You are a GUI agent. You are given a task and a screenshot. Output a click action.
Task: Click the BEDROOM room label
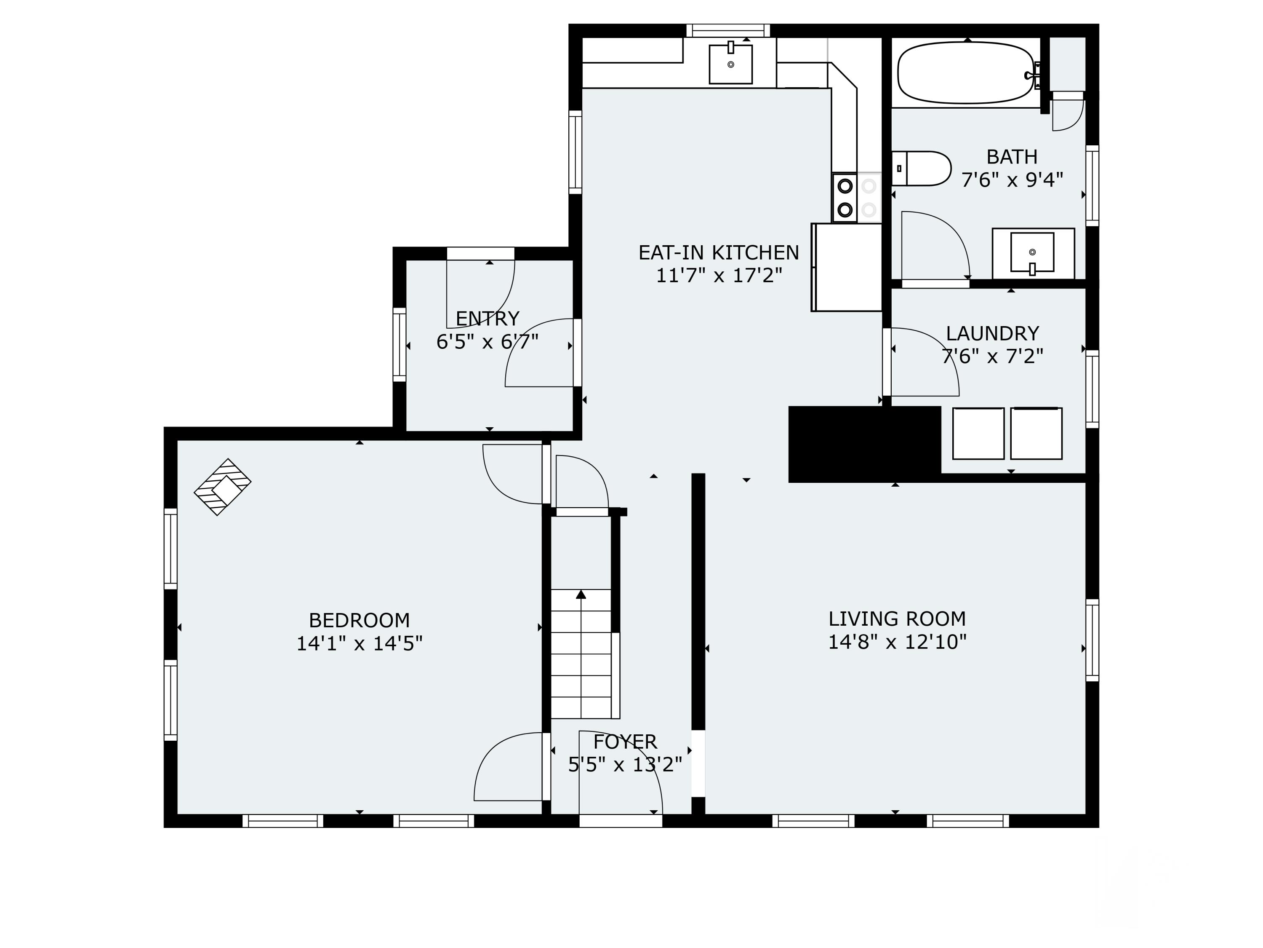tap(359, 620)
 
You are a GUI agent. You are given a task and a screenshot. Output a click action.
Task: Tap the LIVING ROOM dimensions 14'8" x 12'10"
tap(897, 642)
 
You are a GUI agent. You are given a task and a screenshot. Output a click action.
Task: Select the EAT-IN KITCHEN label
tap(718, 252)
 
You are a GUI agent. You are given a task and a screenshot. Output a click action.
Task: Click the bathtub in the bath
tap(965, 72)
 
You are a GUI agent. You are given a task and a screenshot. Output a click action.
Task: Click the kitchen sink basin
tap(730, 64)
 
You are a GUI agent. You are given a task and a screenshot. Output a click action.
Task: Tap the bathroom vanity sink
tap(1032, 252)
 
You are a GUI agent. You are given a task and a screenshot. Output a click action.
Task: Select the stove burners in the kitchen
tap(845, 198)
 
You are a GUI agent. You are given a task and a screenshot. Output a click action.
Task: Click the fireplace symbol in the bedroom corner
tap(223, 487)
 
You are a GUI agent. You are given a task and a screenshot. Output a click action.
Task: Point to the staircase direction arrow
tap(581, 594)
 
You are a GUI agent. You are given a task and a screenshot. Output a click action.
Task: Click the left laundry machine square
tap(978, 433)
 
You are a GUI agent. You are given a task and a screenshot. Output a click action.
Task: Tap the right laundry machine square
tap(1036, 433)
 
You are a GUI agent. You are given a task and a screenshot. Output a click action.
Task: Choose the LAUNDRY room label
tap(992, 333)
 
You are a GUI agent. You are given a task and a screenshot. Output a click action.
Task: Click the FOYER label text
tap(625, 742)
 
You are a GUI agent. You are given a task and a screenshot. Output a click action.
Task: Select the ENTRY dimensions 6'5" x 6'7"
tap(487, 342)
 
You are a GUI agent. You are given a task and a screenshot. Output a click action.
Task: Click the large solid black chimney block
tap(863, 444)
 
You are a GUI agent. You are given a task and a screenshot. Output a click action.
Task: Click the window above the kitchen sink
tap(727, 30)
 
